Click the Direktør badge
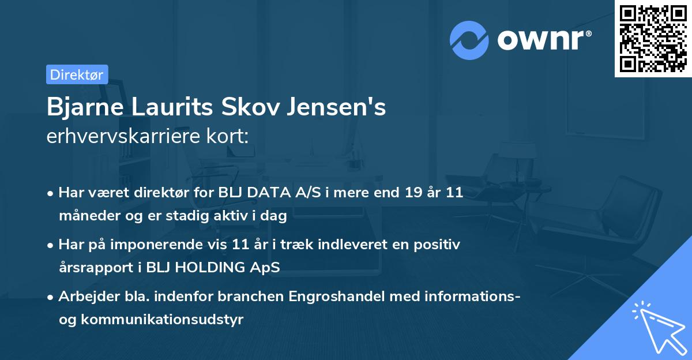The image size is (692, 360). click(x=77, y=74)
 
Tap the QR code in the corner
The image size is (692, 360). click(x=653, y=38)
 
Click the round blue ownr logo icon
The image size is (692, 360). click(x=469, y=40)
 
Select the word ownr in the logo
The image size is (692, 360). click(x=543, y=40)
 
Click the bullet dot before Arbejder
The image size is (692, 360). click(x=51, y=297)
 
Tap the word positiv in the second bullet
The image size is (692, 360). click(x=439, y=245)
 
